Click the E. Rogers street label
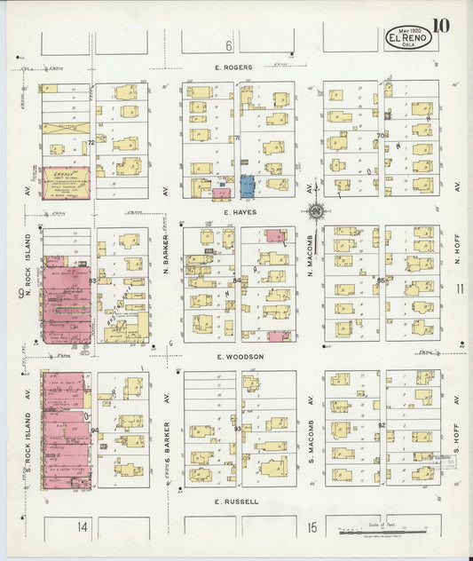coord(233,67)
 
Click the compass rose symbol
coord(314,211)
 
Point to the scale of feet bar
coord(378,533)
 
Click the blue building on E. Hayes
coord(247,186)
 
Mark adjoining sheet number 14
coord(82,527)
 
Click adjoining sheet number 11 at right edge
coord(458,288)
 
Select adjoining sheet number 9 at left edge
coord(19,292)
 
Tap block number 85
coord(381,280)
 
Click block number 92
coord(381,426)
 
